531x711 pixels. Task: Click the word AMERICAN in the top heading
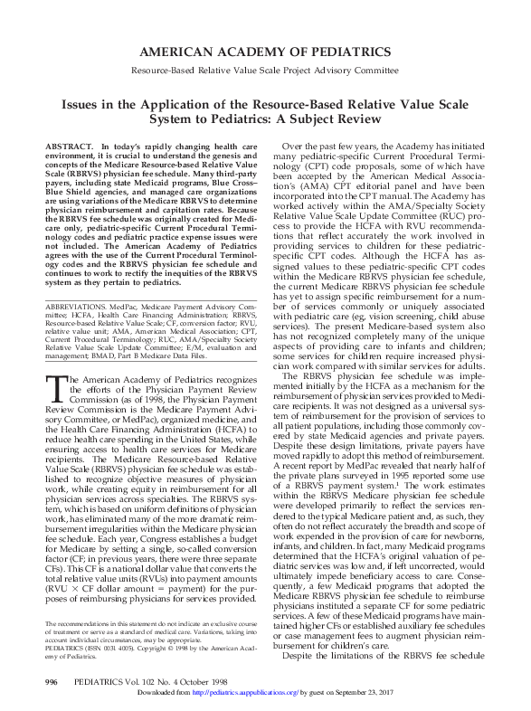[x=180, y=51]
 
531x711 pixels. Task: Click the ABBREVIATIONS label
[x=81, y=308]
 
